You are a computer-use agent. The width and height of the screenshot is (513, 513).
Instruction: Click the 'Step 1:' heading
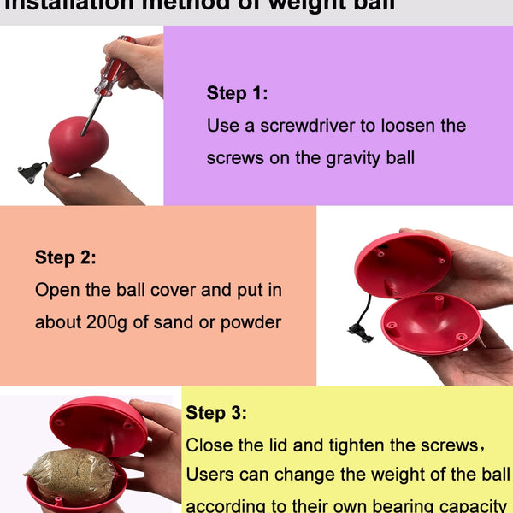(x=237, y=94)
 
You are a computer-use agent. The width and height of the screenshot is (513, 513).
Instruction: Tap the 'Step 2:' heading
(x=65, y=257)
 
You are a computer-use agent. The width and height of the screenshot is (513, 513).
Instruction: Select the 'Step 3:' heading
(x=216, y=414)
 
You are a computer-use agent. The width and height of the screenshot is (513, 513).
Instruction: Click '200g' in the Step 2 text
(x=109, y=322)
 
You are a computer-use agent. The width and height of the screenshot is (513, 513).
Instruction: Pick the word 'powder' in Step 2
(x=251, y=322)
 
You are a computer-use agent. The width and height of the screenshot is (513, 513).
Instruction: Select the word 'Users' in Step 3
(x=209, y=475)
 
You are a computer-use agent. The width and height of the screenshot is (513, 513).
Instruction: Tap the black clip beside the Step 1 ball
(x=31, y=173)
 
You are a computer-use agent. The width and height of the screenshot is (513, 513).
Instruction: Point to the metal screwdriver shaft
(x=91, y=111)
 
